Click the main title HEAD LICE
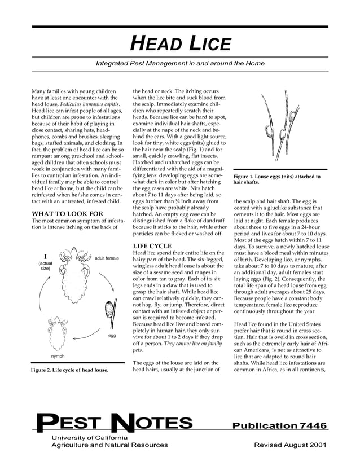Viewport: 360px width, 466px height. point(180,43)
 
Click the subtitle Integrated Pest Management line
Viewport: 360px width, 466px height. point(180,64)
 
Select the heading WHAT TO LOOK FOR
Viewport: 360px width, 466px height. point(67,214)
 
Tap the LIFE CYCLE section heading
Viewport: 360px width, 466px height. point(152,247)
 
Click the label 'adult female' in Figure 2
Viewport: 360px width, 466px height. point(107,258)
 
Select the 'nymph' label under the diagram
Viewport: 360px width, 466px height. point(58,357)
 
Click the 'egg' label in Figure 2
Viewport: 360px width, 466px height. point(112,336)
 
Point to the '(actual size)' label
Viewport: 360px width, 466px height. point(45,266)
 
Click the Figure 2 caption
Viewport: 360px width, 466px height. point(69,370)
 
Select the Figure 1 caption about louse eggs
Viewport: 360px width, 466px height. point(276,179)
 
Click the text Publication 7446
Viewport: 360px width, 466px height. point(279,425)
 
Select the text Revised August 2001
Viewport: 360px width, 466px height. point(290,445)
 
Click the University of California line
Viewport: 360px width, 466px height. point(89,438)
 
